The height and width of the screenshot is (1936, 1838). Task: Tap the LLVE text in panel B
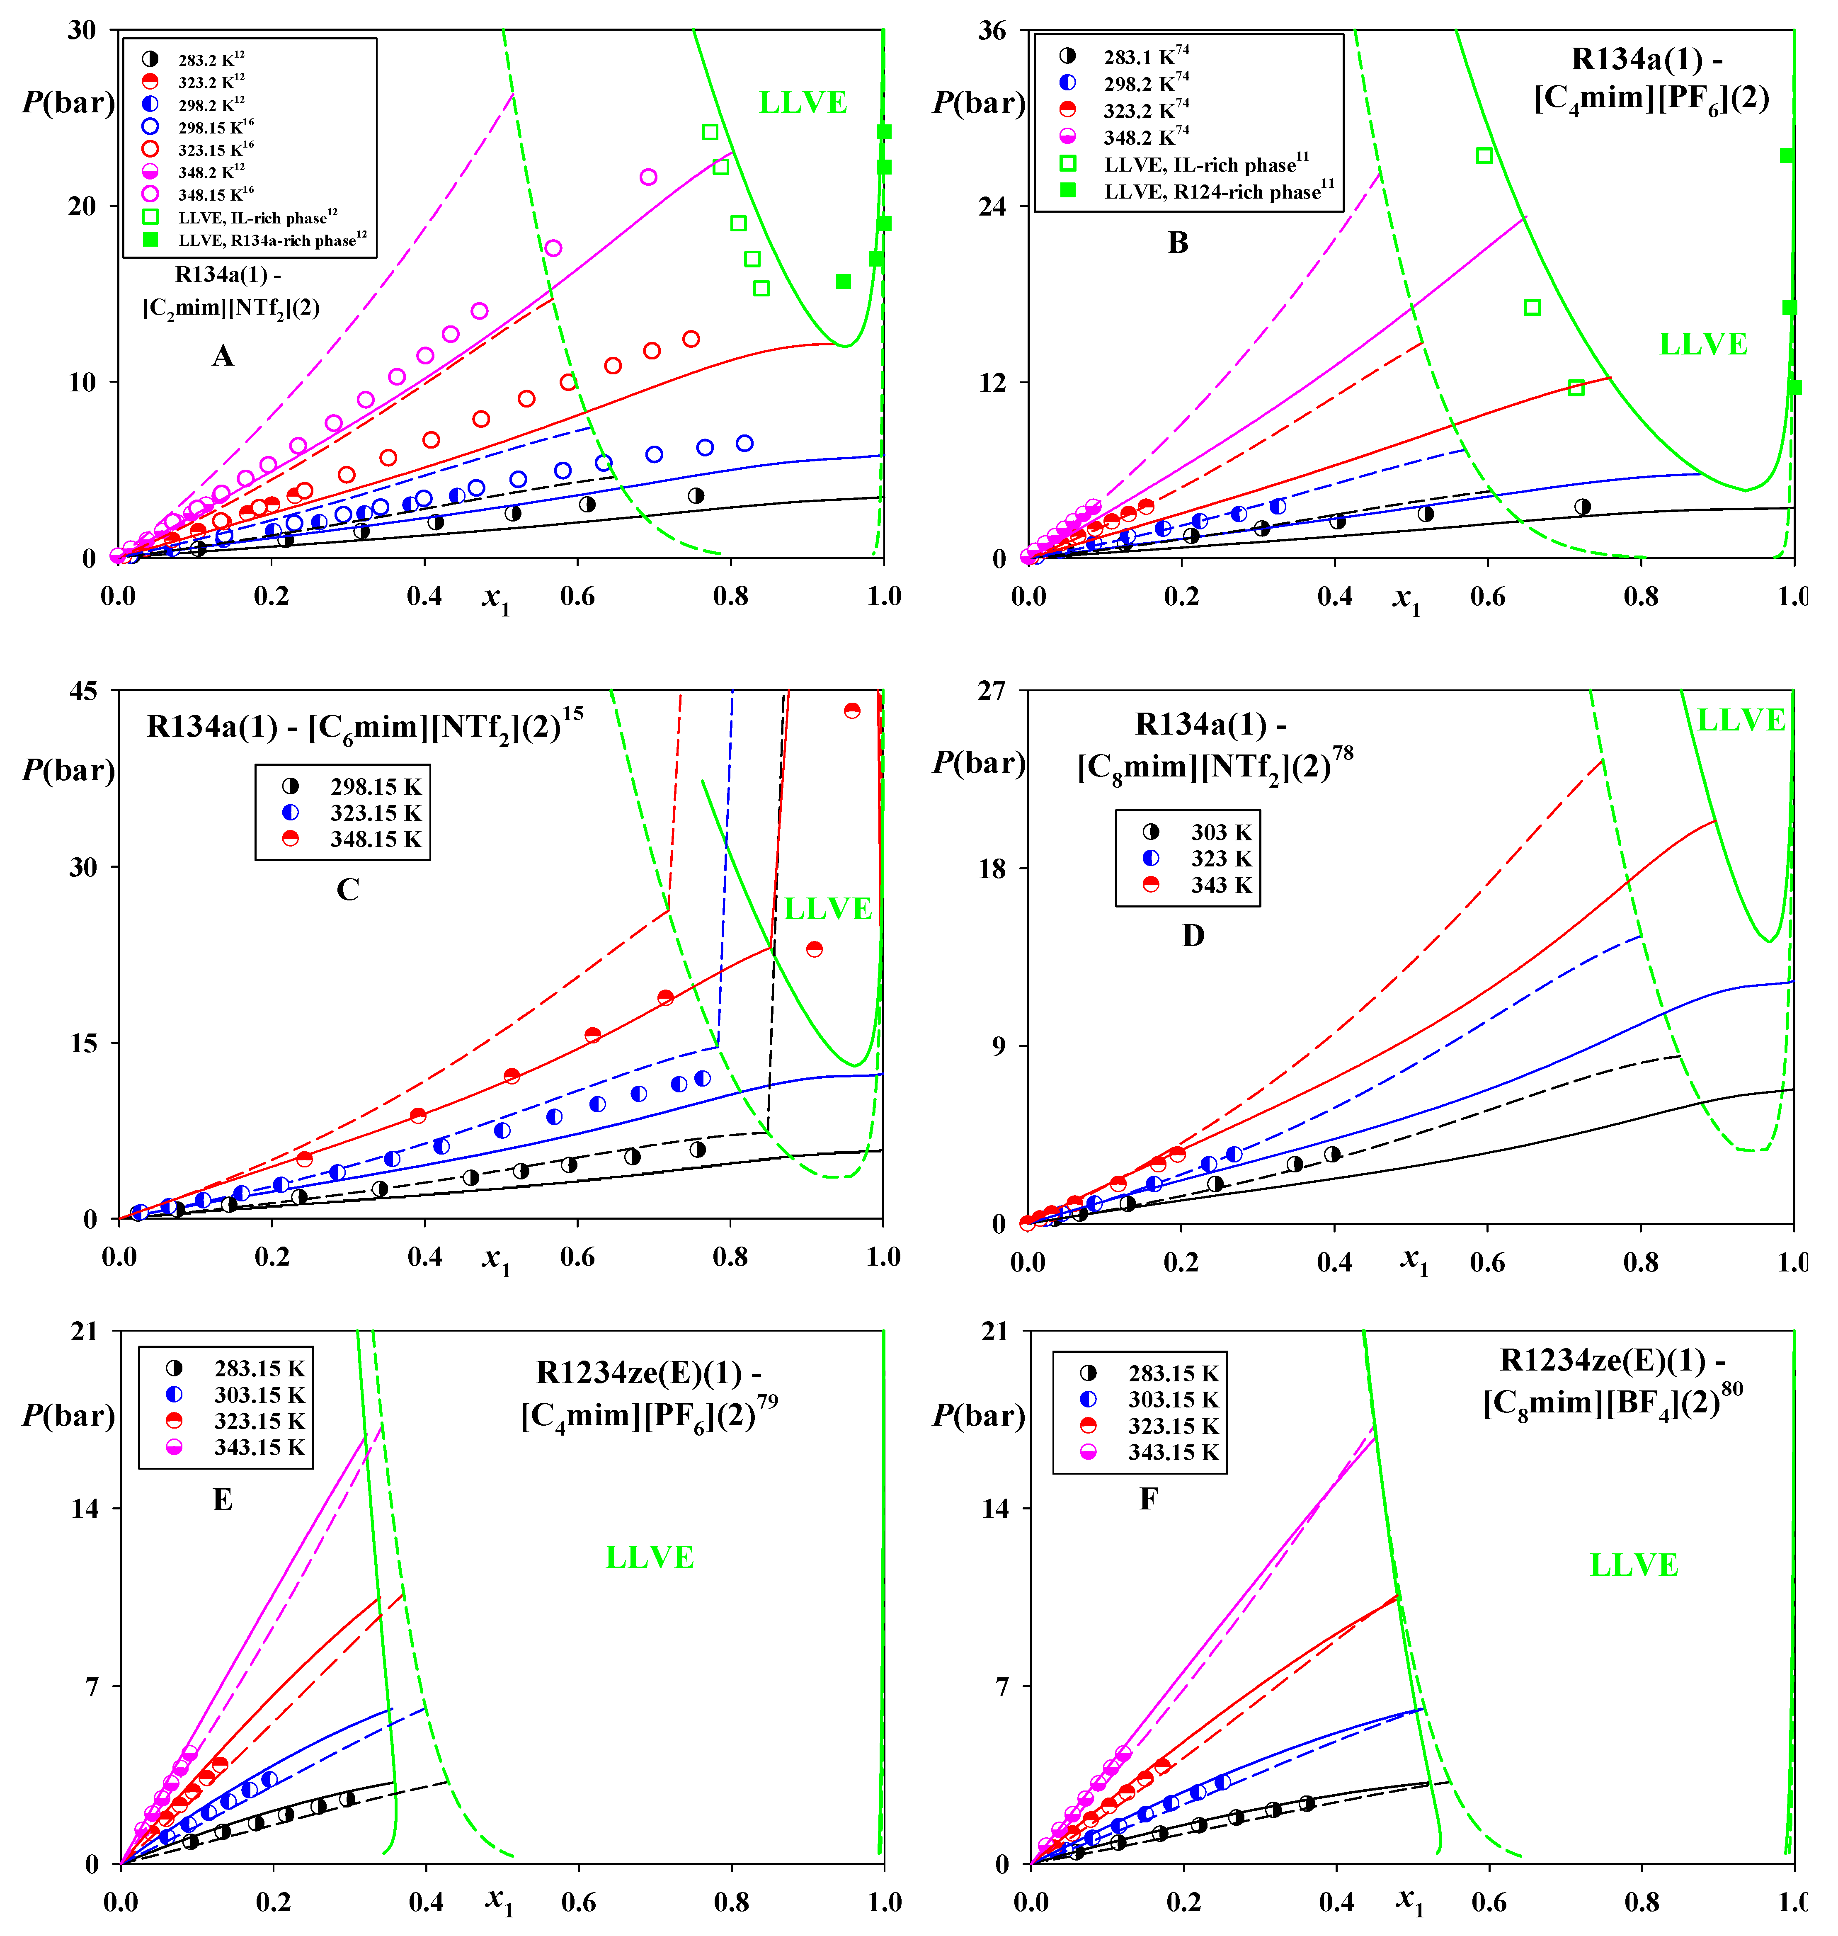(1703, 345)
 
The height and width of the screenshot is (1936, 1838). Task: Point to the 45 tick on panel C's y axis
(83, 692)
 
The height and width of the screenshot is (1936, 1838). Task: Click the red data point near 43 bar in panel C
(851, 710)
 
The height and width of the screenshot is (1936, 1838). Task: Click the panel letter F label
(1148, 1499)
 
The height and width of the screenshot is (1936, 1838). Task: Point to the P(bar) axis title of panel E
(68, 1416)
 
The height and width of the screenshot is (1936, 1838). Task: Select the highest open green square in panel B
(1484, 156)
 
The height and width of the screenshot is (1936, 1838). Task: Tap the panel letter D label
(1192, 936)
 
